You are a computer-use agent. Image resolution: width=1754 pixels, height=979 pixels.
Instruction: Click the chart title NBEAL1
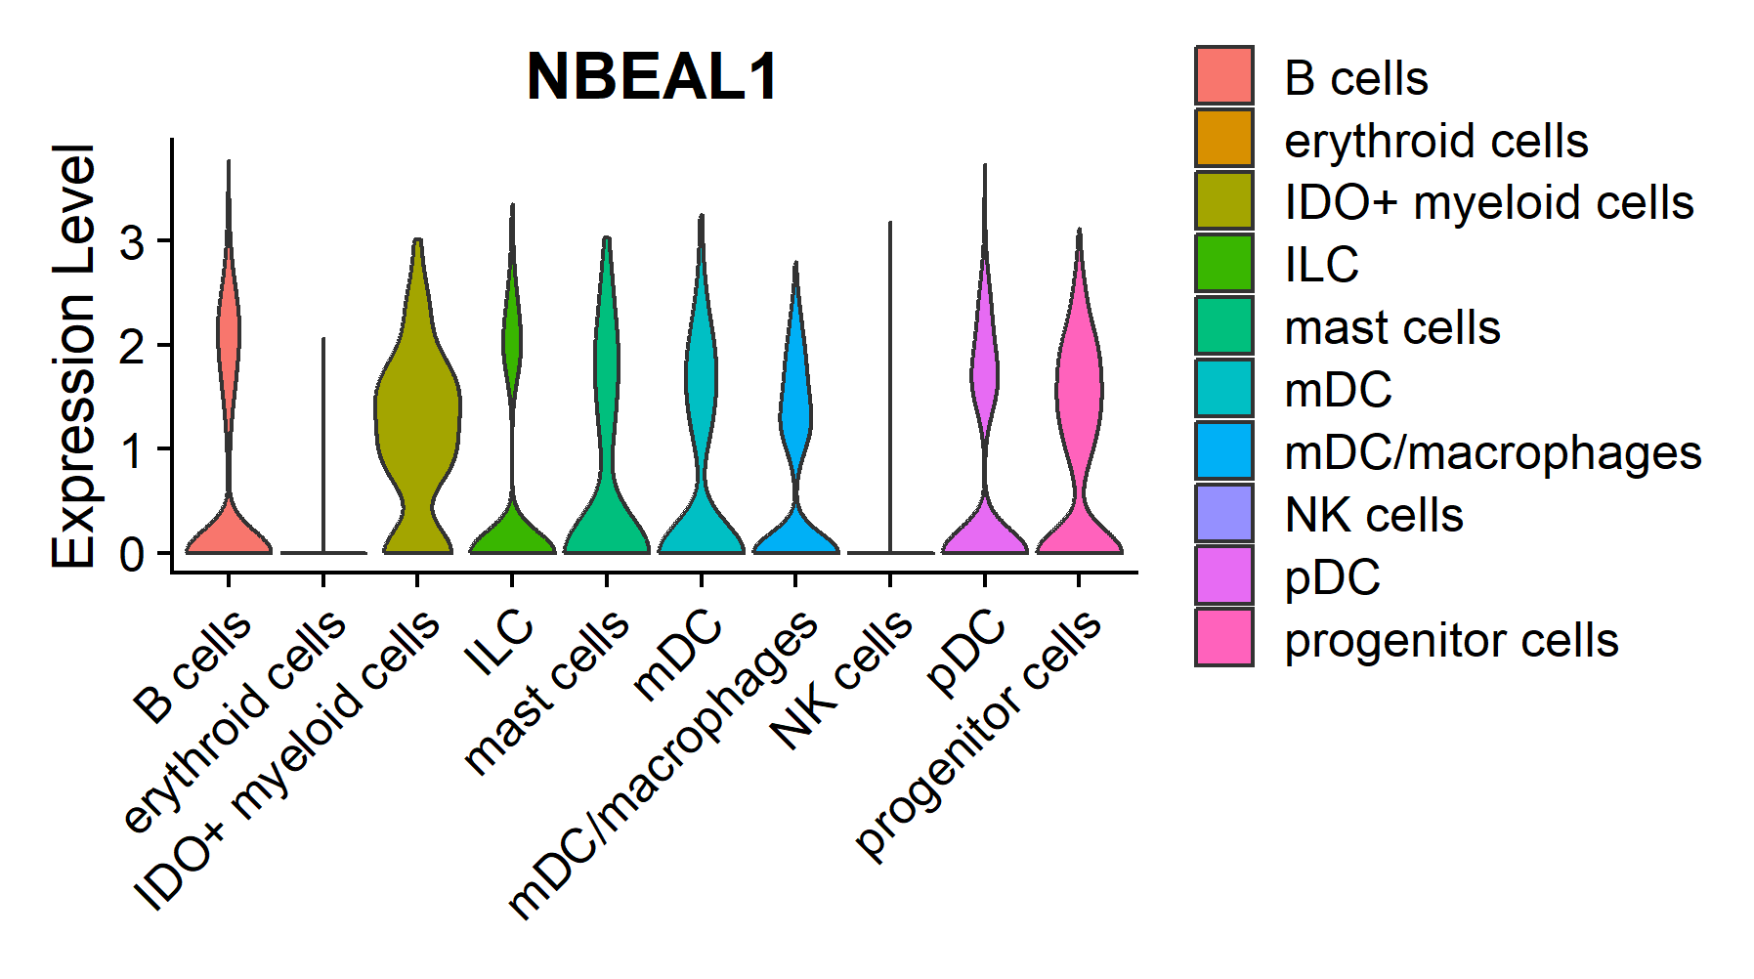tap(652, 76)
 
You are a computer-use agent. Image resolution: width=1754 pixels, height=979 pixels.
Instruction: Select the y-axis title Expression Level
tap(73, 356)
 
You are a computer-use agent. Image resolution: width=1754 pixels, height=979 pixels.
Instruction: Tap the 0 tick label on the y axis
tap(132, 555)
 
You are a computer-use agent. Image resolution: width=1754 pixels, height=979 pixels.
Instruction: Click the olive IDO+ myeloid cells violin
tap(417, 410)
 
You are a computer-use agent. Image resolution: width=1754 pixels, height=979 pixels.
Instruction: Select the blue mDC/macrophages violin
tap(795, 410)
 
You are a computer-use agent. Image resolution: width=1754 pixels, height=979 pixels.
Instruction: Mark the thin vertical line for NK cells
tap(890, 391)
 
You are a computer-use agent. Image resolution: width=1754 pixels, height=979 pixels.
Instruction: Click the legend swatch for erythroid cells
tap(1223, 138)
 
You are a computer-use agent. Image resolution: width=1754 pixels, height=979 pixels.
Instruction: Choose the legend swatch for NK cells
tap(1223, 513)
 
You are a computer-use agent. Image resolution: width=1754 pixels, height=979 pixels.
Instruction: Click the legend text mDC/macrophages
tap(1492, 453)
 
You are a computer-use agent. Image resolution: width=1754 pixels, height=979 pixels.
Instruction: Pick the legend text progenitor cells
tap(1451, 641)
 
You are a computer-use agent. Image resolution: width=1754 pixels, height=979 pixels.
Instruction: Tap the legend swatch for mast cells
tap(1223, 325)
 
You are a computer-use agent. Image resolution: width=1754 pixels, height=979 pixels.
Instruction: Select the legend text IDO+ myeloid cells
tap(1488, 203)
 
